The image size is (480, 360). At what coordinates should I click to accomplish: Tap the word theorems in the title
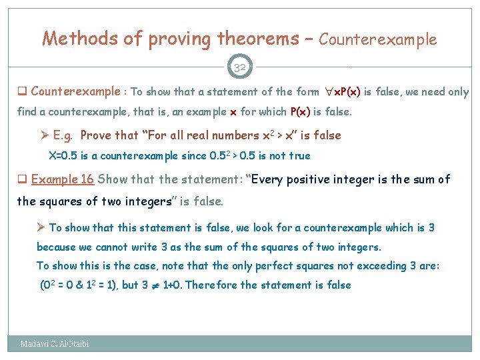(x=257, y=39)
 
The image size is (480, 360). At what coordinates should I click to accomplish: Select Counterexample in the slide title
(x=377, y=39)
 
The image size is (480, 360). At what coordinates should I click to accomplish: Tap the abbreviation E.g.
(x=63, y=135)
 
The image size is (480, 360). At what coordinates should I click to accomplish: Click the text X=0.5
(x=63, y=155)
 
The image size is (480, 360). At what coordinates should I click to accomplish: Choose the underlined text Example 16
(x=64, y=179)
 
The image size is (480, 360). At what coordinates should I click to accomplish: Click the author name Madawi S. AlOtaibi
(x=54, y=343)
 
